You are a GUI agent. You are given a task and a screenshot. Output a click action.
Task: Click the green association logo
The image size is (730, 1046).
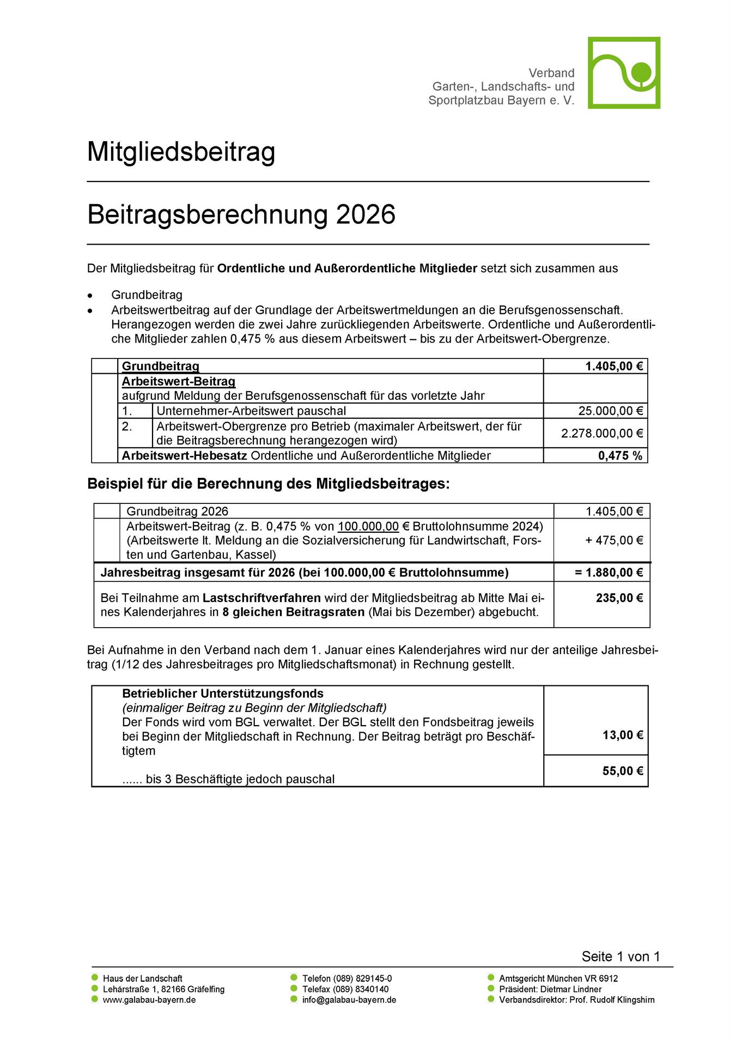coord(624,73)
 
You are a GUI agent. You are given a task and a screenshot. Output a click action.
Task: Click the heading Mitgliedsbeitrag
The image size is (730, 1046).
coord(181,152)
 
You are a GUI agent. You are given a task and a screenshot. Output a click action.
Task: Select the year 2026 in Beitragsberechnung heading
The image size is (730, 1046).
coord(366,215)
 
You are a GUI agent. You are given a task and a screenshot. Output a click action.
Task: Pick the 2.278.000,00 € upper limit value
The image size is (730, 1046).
coord(601,433)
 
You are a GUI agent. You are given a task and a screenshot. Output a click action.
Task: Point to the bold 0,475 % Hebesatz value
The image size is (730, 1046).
coord(620,456)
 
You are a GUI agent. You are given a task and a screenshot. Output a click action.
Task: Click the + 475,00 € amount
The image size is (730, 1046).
coord(614,540)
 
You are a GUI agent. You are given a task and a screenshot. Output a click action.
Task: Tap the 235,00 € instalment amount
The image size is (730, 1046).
coord(619,598)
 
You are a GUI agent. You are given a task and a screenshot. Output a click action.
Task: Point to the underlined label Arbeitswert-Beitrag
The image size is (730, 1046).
coord(179,381)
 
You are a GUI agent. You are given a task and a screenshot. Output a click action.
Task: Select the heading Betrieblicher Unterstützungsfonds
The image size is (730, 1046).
coord(223,694)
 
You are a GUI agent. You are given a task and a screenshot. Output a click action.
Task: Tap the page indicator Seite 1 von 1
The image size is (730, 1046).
coord(620,957)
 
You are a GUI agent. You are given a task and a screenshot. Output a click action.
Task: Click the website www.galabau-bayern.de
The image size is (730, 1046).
coord(149,1000)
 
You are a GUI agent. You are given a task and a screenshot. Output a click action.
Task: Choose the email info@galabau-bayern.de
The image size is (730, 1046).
coord(349,1000)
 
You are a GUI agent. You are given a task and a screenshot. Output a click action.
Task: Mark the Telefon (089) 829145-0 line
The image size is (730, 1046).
coord(347,978)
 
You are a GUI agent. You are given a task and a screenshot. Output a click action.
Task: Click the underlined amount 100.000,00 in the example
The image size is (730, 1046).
coord(368,526)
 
